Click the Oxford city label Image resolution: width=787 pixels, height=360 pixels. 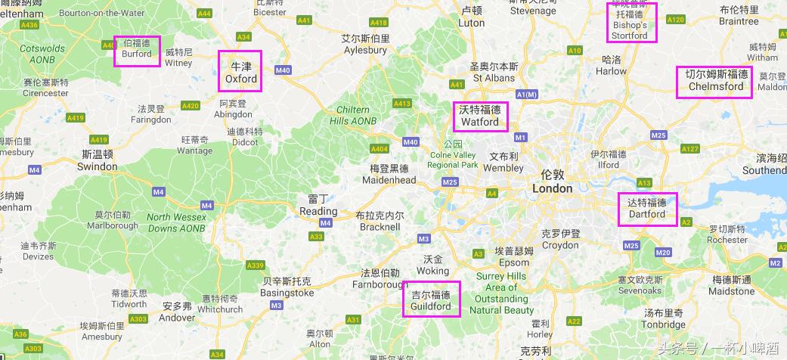pyautogui.click(x=240, y=72)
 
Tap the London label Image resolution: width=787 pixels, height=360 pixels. pyautogui.click(x=552, y=182)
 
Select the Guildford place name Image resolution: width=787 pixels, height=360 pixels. pyautogui.click(x=431, y=301)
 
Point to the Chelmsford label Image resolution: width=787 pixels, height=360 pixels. pyautogui.click(x=715, y=81)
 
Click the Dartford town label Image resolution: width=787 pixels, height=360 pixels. pyautogui.click(x=646, y=208)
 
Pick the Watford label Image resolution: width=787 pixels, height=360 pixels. pyautogui.click(x=480, y=116)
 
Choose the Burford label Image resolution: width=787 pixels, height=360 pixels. pyautogui.click(x=137, y=50)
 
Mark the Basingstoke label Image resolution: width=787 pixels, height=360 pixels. pyautogui.click(x=287, y=287)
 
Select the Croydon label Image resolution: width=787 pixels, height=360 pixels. pyautogui.click(x=560, y=239)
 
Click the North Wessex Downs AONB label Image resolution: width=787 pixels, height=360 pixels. pyautogui.click(x=176, y=222)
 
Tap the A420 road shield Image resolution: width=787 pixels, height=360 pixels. pyautogui.click(x=191, y=105)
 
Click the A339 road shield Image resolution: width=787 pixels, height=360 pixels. pyautogui.click(x=256, y=265)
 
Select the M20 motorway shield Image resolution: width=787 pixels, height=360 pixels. pyautogui.click(x=663, y=252)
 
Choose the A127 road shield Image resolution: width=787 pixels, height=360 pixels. pyautogui.click(x=689, y=149)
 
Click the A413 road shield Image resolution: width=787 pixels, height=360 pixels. pyautogui.click(x=402, y=104)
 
